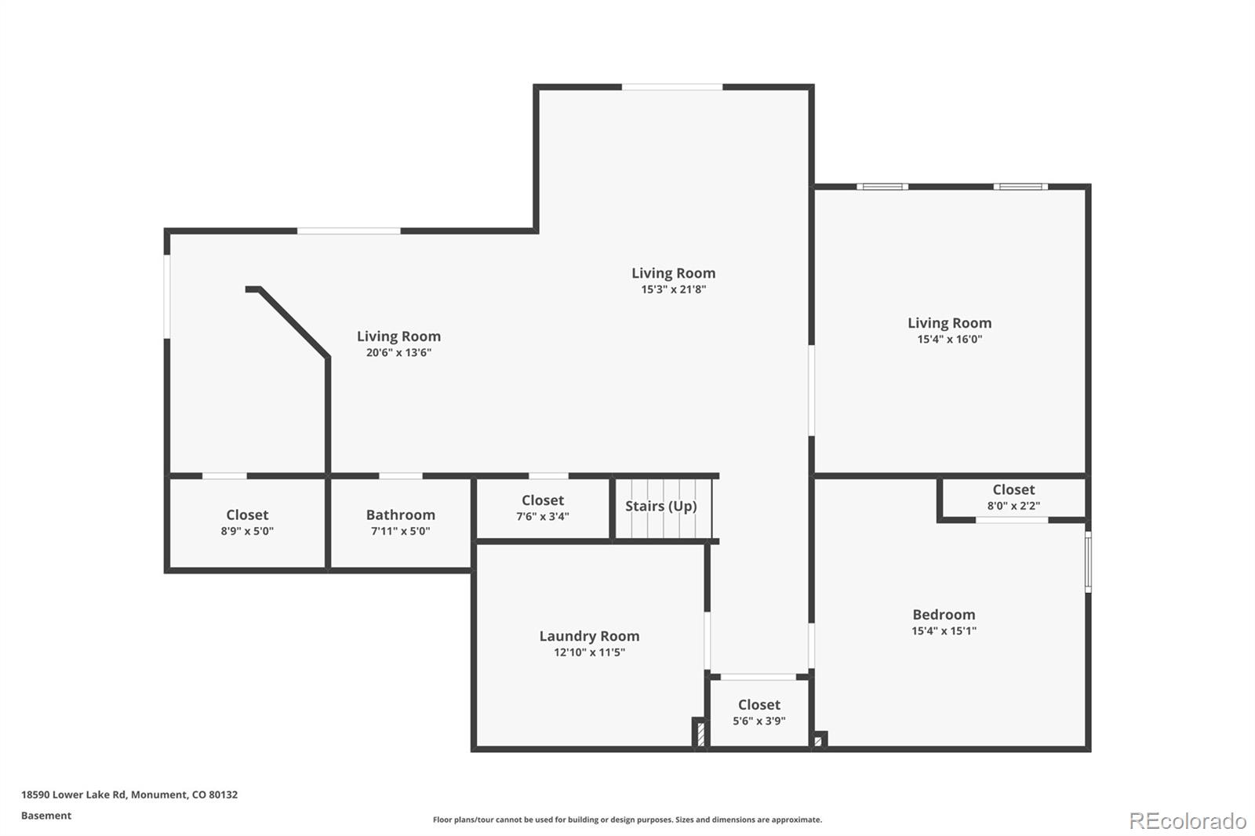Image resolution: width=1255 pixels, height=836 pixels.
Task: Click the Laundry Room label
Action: pyautogui.click(x=589, y=636)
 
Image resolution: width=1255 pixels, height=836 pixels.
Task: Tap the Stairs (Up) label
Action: pyautogui.click(x=661, y=506)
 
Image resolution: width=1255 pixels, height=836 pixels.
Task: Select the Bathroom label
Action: pyautogui.click(x=401, y=515)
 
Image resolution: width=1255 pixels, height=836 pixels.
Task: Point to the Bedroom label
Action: pyautogui.click(x=944, y=615)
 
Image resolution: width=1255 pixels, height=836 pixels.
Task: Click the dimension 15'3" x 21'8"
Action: pyautogui.click(x=674, y=289)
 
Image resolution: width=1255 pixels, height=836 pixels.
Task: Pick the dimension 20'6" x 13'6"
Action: pyautogui.click(x=399, y=352)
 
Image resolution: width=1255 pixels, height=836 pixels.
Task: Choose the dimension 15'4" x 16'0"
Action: pyautogui.click(x=950, y=339)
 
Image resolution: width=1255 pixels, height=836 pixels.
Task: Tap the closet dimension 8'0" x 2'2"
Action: pyautogui.click(x=1013, y=505)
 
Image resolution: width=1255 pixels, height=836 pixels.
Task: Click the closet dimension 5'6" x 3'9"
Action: pyautogui.click(x=759, y=721)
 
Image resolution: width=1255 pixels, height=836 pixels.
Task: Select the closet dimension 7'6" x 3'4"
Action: pyautogui.click(x=543, y=516)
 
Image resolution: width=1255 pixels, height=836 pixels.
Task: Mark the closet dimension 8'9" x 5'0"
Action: pyautogui.click(x=247, y=531)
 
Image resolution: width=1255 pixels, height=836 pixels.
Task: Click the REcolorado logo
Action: pyautogui.click(x=1188, y=821)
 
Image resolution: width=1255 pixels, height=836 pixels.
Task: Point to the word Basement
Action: pyautogui.click(x=46, y=816)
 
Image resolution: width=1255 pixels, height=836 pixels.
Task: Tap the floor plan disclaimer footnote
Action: pyautogui.click(x=627, y=820)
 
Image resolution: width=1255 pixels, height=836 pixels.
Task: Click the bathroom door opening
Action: pyautogui.click(x=401, y=476)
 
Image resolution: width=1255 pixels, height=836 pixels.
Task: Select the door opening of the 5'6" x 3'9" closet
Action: pyautogui.click(x=758, y=677)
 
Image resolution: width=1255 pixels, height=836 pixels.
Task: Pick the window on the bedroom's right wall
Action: pyautogui.click(x=1088, y=562)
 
